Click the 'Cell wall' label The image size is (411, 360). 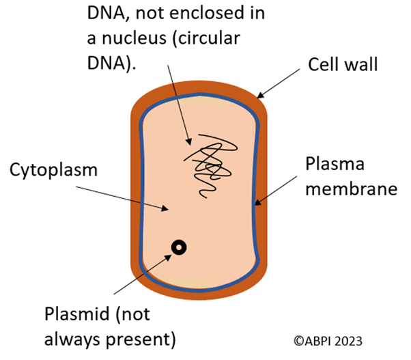tap(343, 66)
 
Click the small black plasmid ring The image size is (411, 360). tap(180, 248)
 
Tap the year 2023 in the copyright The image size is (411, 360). tap(348, 340)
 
